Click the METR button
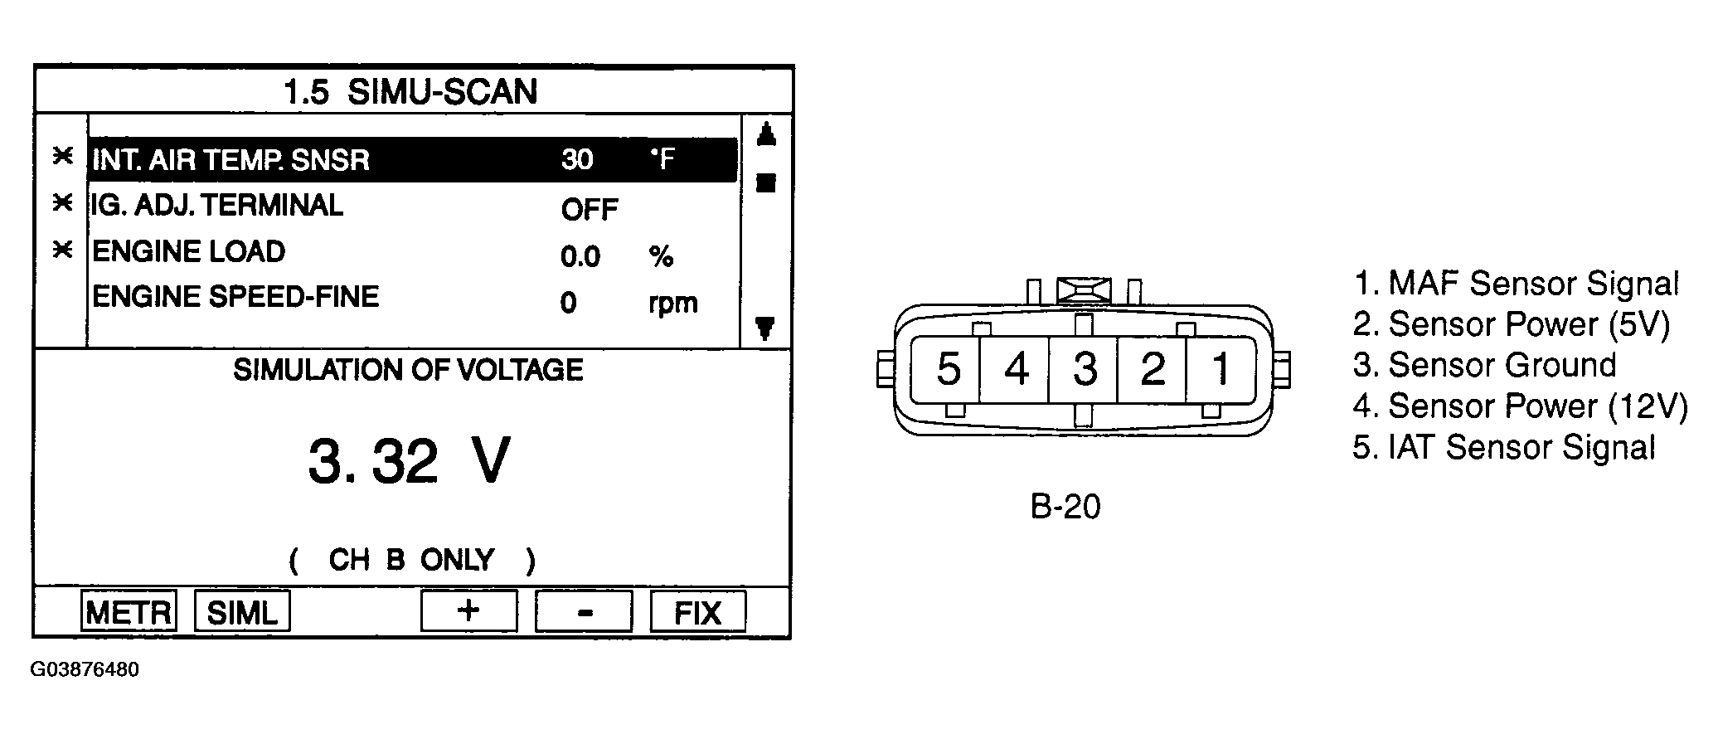click(129, 611)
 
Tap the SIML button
click(242, 611)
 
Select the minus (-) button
click(584, 611)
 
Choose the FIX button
click(698, 611)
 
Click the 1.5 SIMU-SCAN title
click(411, 91)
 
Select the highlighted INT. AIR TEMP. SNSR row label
click(231, 159)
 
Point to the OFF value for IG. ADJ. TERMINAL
click(590, 209)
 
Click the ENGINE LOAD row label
click(188, 251)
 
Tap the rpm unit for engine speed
click(673, 304)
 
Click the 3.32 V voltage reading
click(409, 461)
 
